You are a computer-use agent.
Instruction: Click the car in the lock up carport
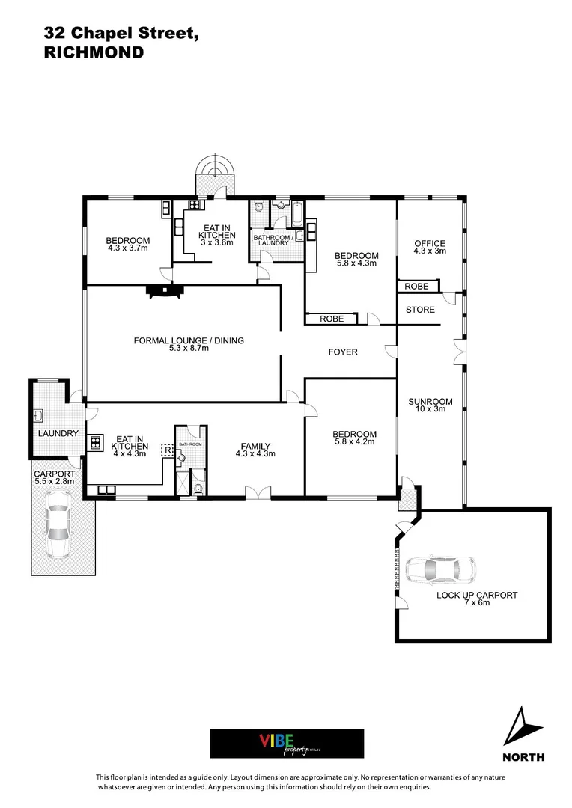click(x=436, y=570)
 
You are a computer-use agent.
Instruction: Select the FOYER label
click(x=343, y=352)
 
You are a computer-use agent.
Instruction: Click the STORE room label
click(x=420, y=310)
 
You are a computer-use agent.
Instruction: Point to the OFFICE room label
click(x=430, y=244)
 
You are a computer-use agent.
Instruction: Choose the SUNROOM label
click(x=430, y=402)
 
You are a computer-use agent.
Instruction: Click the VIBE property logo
click(x=287, y=744)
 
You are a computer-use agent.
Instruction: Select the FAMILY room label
click(x=255, y=446)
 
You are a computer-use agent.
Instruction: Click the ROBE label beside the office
click(x=416, y=287)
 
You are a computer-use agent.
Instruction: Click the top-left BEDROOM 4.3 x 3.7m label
click(x=128, y=241)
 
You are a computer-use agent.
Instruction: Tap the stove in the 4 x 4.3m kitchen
click(x=97, y=442)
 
